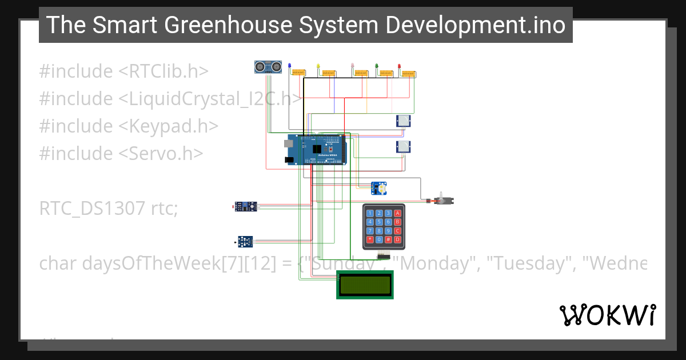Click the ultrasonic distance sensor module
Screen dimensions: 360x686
pyautogui.click(x=269, y=67)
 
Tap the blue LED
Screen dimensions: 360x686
pyautogui.click(x=289, y=66)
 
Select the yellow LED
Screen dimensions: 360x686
pyautogui.click(x=318, y=66)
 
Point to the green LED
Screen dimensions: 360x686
pyautogui.click(x=376, y=66)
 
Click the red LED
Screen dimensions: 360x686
pyautogui.click(x=400, y=66)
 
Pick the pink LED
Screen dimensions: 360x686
pyautogui.click(x=352, y=66)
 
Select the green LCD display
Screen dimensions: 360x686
pyautogui.click(x=365, y=285)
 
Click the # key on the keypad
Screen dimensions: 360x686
pyautogui.click(x=388, y=239)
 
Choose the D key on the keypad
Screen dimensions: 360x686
pyautogui.click(x=397, y=239)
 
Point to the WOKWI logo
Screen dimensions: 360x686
pyautogui.click(x=607, y=315)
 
